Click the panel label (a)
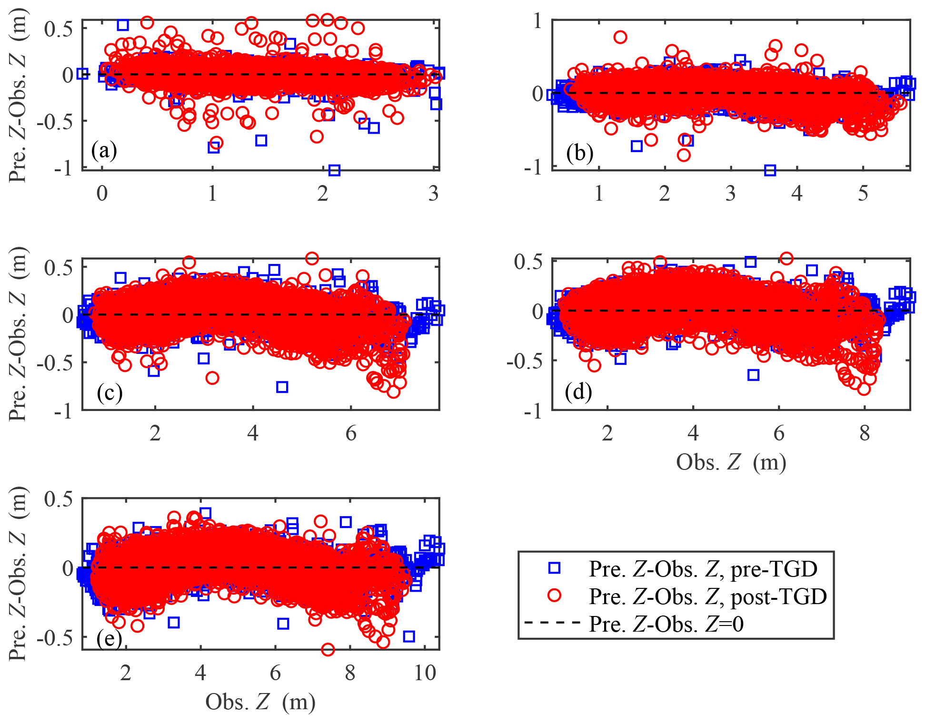coord(104,151)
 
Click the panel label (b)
coord(579,153)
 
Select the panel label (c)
coord(109,393)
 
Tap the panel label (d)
coord(578,392)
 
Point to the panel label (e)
coord(109,639)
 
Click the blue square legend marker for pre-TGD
coord(554,568)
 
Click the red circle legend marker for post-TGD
coord(554,596)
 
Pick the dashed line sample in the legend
coord(552,623)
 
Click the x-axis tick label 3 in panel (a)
coord(433,194)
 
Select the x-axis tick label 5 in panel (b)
coord(863,194)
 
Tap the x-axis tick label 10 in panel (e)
coord(425,673)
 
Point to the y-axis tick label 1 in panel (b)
coord(537,21)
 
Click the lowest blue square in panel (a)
coord(334,170)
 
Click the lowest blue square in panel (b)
coord(770,170)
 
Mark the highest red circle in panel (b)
coord(620,37)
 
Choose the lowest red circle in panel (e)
coord(328,649)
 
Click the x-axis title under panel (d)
coord(731,462)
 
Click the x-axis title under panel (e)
coord(260,702)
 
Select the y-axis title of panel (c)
coord(18,334)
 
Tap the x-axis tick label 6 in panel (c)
coord(351,433)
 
